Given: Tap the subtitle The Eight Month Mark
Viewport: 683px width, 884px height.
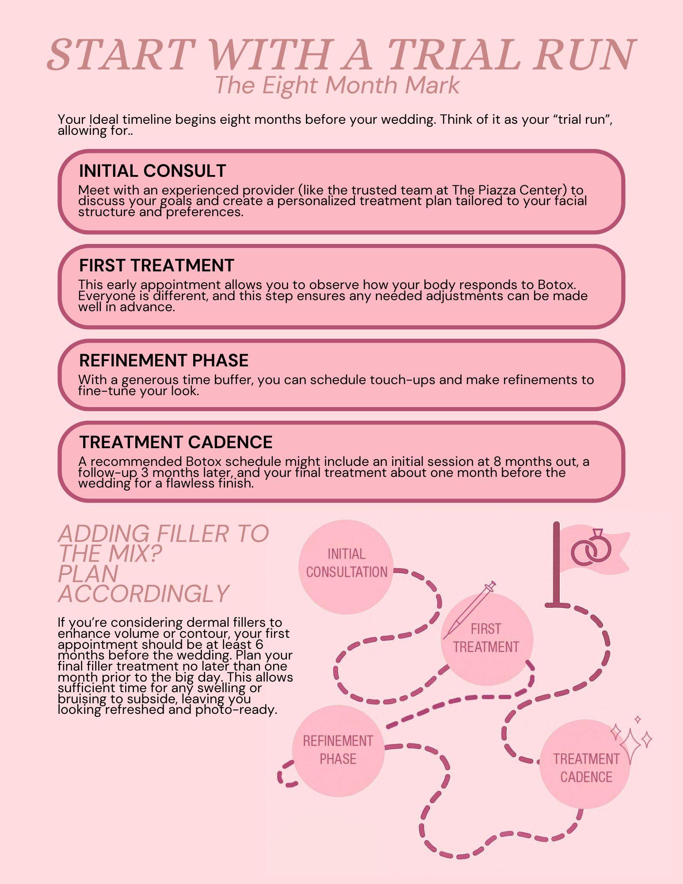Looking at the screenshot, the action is (337, 85).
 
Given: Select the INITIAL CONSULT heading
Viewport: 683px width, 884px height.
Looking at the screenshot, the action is (153, 171).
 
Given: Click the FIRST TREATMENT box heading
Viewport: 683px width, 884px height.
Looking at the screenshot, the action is (156, 266).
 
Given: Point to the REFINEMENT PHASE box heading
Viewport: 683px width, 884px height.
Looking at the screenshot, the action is (164, 361).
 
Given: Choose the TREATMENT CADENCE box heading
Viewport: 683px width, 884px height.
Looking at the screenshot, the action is (176, 442).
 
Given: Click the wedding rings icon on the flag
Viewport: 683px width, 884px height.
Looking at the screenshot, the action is (591, 548).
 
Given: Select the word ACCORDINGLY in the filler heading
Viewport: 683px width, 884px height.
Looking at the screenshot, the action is (144, 594).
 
